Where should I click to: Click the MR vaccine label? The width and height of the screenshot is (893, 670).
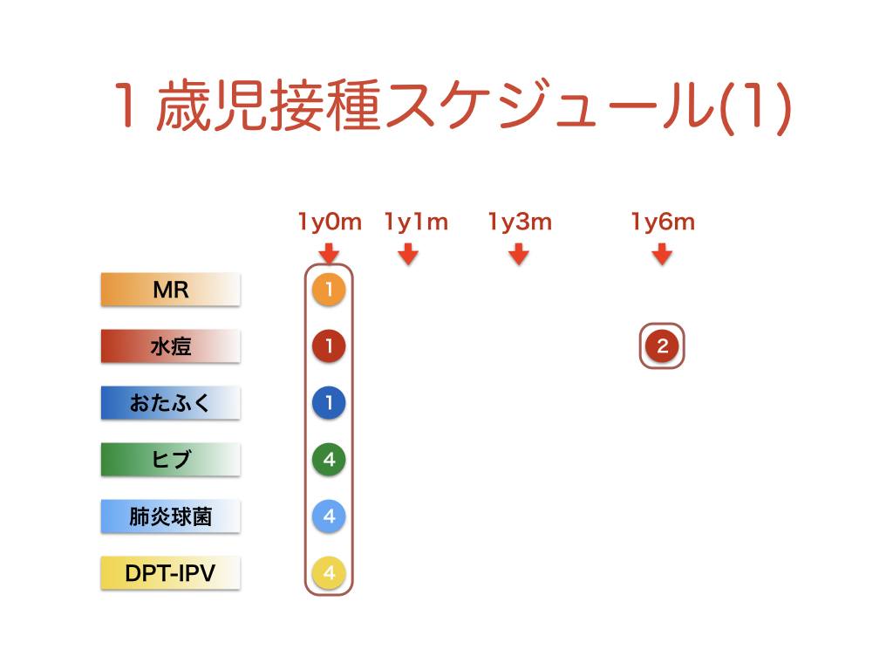170,290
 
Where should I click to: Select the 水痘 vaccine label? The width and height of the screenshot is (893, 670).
170,345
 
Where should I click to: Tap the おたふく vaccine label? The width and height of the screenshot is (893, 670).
170,403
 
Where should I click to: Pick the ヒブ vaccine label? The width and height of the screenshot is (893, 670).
170,459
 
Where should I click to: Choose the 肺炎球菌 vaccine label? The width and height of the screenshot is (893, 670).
170,516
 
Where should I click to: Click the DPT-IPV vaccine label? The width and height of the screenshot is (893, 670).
170,572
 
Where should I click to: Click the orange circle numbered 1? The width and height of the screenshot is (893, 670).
329,290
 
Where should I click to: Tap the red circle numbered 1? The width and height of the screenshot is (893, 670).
329,345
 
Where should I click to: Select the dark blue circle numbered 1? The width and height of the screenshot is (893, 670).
329,403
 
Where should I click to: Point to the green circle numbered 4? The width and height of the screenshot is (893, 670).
329,459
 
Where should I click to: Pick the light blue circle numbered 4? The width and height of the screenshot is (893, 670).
329,516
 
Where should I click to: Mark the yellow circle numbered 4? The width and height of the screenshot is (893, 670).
329,572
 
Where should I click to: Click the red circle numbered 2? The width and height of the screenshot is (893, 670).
662,345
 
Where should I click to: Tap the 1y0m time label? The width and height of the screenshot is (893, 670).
330,222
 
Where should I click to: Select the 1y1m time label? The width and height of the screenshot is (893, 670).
416,222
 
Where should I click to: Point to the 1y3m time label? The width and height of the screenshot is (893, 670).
520,222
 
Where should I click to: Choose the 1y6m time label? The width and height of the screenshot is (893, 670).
663,222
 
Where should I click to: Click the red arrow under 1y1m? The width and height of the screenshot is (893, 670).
408,254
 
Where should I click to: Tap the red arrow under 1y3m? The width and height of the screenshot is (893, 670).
519,254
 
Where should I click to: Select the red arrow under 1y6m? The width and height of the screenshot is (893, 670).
662,254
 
